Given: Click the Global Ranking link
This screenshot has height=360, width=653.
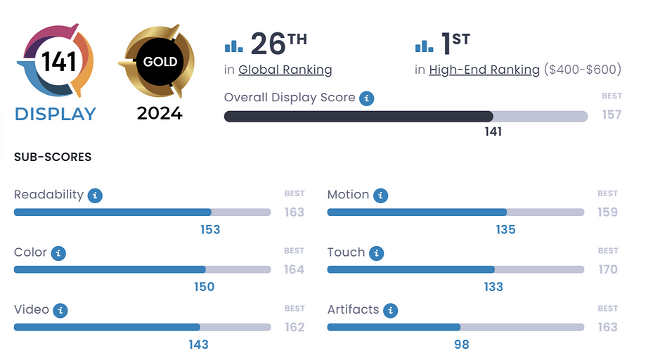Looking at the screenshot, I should click(x=285, y=70).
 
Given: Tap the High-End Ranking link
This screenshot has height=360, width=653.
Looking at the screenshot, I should click(x=484, y=70).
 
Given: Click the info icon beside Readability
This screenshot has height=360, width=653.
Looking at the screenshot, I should click(x=95, y=195).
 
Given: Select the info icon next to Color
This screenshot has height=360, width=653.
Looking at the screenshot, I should click(x=58, y=253).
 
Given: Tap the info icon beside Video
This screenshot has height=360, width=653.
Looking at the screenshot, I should click(x=60, y=310).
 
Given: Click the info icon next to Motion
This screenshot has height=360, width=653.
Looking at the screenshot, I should click(x=380, y=195).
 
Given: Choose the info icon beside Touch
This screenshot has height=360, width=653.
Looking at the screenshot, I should click(x=376, y=253).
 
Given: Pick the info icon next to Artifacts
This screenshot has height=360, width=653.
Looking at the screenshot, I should click(x=390, y=310).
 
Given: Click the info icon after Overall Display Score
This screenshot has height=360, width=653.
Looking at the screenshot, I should click(x=366, y=98).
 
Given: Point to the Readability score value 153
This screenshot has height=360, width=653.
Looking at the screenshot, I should click(x=210, y=229).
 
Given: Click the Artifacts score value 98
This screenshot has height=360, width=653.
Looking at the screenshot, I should click(x=461, y=345).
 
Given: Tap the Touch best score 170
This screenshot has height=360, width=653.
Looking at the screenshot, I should click(x=607, y=269).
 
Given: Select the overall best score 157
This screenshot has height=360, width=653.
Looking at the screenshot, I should click(x=612, y=115).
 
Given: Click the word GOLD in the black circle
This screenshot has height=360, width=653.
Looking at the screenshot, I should click(x=160, y=62).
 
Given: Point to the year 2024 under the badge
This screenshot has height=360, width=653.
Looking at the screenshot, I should click(x=160, y=113).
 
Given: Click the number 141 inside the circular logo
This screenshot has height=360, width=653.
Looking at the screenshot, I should click(x=59, y=63).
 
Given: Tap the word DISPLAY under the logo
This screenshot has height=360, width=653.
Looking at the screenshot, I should click(x=56, y=114).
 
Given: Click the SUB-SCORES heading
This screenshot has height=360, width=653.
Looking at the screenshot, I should click(x=53, y=157).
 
